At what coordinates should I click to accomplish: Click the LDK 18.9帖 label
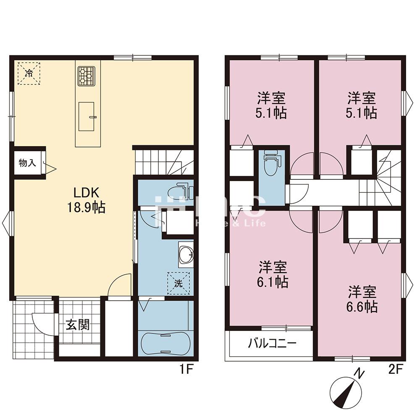pos(86,200)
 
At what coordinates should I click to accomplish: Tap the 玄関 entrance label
pos(78,325)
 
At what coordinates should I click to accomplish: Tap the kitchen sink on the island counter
pos(87,116)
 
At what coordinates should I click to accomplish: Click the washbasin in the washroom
pos(186,254)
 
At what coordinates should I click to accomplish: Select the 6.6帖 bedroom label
pos(362,299)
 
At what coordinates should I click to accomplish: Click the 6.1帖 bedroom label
pos(273,274)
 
